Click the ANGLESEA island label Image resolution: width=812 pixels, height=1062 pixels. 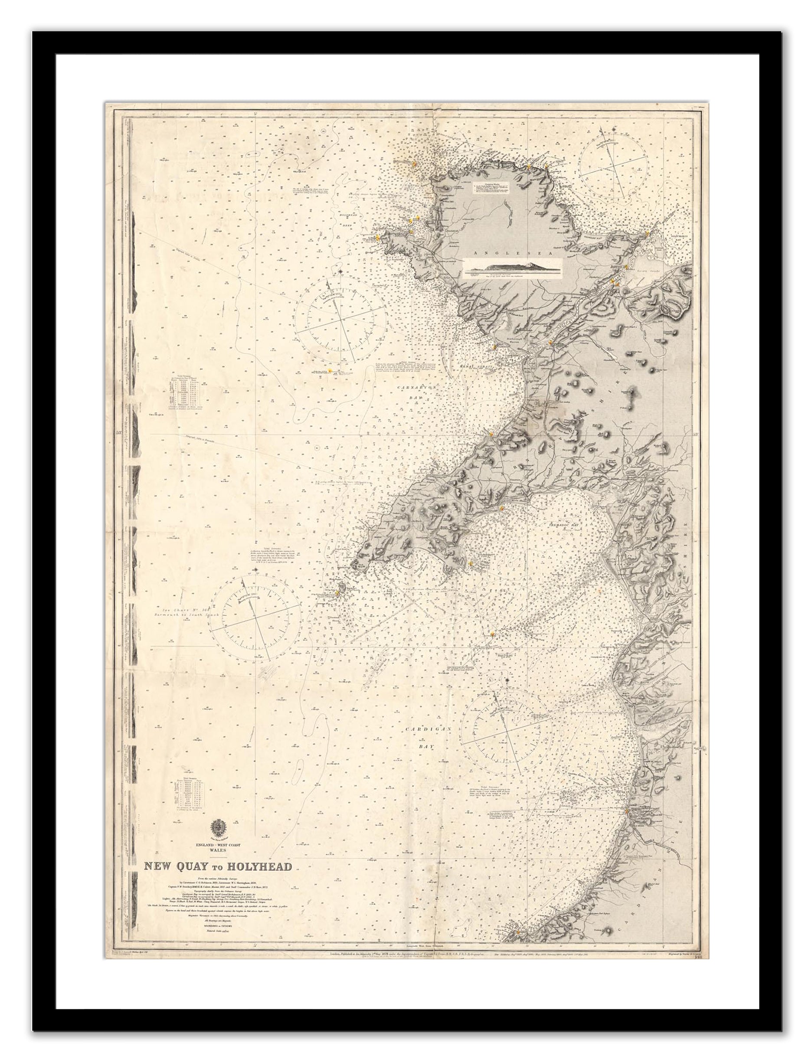point(493,253)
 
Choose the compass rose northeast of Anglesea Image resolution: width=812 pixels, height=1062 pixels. point(613,161)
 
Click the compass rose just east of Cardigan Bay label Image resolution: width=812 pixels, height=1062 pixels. point(507,735)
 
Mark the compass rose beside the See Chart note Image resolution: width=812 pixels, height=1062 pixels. point(255,617)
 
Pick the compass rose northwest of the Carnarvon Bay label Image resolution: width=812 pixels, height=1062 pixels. point(341,320)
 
